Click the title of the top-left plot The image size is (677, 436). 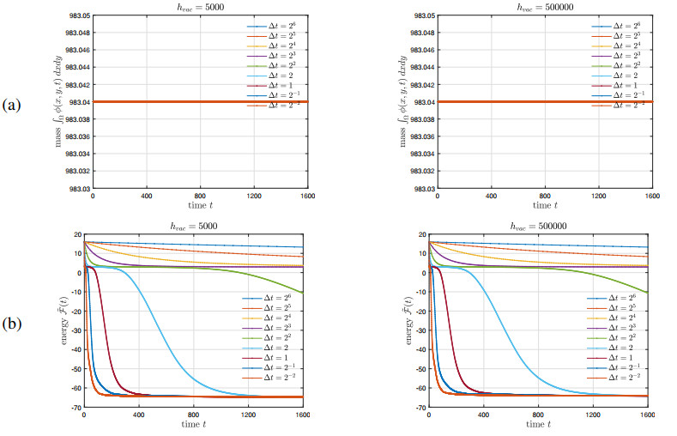tap(201, 8)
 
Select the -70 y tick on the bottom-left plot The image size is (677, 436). tap(76, 409)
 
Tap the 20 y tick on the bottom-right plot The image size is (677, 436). tap(420, 235)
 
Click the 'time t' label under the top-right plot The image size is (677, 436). tap(543, 206)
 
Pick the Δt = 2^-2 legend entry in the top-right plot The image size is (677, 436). tap(620, 105)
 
